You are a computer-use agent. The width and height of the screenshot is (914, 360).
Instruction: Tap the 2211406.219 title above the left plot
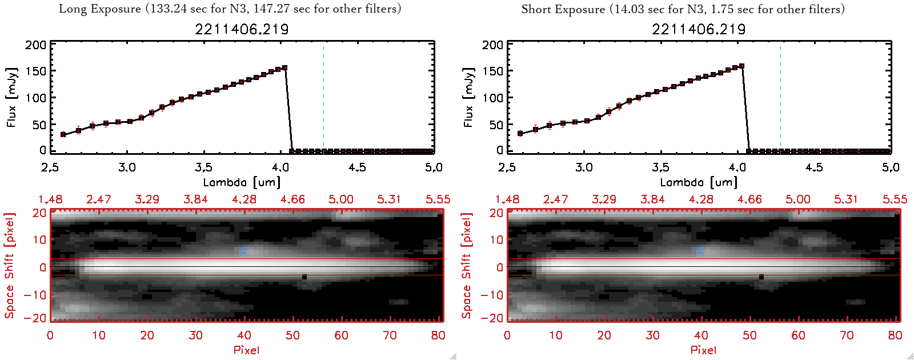tap(242, 29)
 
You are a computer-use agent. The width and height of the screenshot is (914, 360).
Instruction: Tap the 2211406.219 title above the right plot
tap(699, 29)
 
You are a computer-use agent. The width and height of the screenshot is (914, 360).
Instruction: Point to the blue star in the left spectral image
tap(243, 250)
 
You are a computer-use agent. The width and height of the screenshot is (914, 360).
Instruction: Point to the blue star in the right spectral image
tap(700, 250)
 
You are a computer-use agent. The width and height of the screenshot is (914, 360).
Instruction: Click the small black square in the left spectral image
tap(304, 277)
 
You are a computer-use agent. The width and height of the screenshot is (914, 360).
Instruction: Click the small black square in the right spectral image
tap(761, 277)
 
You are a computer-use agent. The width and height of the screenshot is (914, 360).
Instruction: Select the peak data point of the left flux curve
tap(284, 67)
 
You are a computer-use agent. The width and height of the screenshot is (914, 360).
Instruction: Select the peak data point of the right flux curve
tap(741, 66)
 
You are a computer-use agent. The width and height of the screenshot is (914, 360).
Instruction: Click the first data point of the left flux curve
tap(63, 135)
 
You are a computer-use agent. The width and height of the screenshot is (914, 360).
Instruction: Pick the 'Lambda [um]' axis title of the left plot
tap(242, 182)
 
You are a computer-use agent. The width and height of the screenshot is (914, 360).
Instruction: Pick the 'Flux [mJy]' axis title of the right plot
tap(468, 97)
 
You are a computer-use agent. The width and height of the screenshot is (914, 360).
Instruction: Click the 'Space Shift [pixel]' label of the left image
tap(10, 265)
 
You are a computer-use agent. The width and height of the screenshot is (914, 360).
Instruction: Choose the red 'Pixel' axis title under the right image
tap(703, 350)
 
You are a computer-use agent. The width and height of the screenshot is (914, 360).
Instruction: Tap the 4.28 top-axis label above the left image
tap(244, 199)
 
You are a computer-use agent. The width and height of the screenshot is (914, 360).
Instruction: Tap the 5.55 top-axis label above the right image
tap(895, 199)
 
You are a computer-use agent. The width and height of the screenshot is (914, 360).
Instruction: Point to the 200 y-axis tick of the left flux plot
tap(35, 45)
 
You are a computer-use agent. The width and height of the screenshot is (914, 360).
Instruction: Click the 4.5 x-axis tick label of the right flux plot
tap(814, 167)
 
